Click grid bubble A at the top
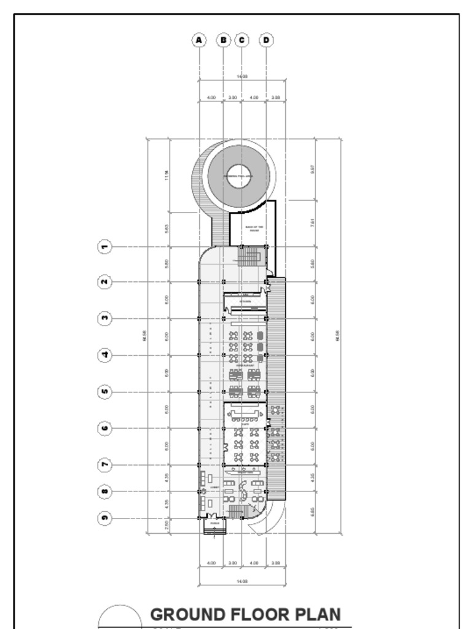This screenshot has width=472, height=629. tap(199, 41)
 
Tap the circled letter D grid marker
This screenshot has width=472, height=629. tap(266, 41)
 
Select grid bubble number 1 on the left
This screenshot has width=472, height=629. tap(105, 247)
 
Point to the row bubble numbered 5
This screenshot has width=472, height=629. tap(105, 391)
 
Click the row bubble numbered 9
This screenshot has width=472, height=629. tap(105, 518)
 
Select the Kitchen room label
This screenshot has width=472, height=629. tap(245, 302)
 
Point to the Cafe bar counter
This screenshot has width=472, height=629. tap(245, 412)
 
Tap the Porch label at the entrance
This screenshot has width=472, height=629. tap(214, 524)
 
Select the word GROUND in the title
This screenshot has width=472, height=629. tap(187, 615)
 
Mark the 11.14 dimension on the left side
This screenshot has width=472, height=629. tap(167, 176)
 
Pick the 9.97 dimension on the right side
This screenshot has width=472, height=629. tap(313, 169)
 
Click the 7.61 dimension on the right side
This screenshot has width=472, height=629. tap(313, 223)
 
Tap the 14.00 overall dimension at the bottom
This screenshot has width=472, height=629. tap(242, 580)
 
